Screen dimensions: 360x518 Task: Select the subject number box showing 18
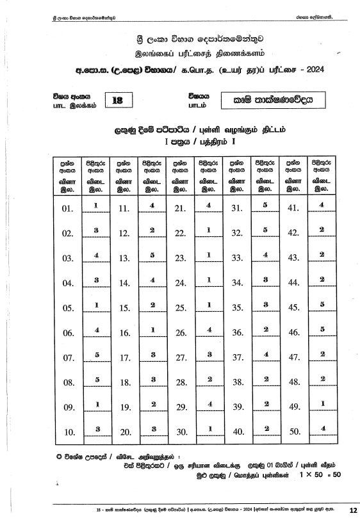click(x=117, y=100)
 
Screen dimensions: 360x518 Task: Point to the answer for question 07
click(x=95, y=353)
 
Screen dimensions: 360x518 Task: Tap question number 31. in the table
click(x=237, y=209)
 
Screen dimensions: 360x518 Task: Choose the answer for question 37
click(x=265, y=353)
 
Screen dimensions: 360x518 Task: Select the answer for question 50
click(x=322, y=428)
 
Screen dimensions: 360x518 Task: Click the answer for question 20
click(x=152, y=428)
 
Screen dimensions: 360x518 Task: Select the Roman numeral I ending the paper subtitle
click(x=234, y=140)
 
